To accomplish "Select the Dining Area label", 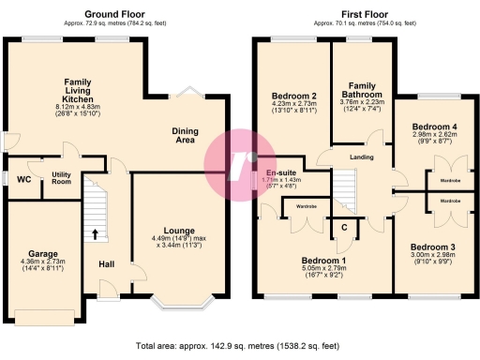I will click(190, 135).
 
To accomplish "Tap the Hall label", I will click(107, 263).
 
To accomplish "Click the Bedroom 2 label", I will click(293, 96).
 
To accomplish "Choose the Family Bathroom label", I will click(361, 90).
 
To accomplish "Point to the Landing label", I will click(361, 157).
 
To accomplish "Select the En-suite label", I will click(281, 173).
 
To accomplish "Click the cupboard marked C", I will click(344, 226).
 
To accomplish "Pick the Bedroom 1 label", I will click(323, 261).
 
